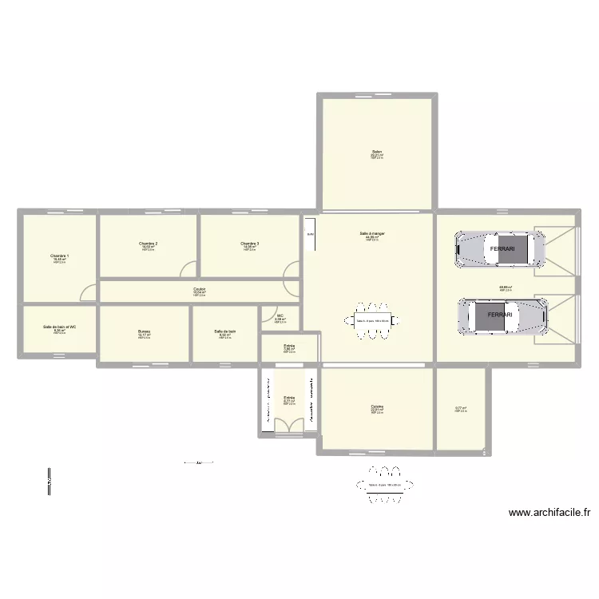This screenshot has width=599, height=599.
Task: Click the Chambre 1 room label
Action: [60, 256]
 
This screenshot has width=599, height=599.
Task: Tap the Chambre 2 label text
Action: [148, 244]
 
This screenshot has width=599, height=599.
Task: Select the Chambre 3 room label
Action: [249, 244]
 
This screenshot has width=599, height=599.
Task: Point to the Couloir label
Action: [200, 290]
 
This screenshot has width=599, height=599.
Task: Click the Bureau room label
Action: [144, 331]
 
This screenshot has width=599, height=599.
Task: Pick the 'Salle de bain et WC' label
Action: [60, 327]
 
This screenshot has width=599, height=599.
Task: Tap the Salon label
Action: [376, 152]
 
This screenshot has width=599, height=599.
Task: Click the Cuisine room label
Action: [377, 407]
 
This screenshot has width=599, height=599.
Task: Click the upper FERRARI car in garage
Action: [499, 248]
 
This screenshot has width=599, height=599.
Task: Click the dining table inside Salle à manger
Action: [372, 321]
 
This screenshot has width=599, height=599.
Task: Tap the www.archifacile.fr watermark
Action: [549, 514]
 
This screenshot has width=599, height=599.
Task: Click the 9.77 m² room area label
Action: [461, 409]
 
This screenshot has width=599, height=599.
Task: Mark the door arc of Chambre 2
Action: [188, 270]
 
